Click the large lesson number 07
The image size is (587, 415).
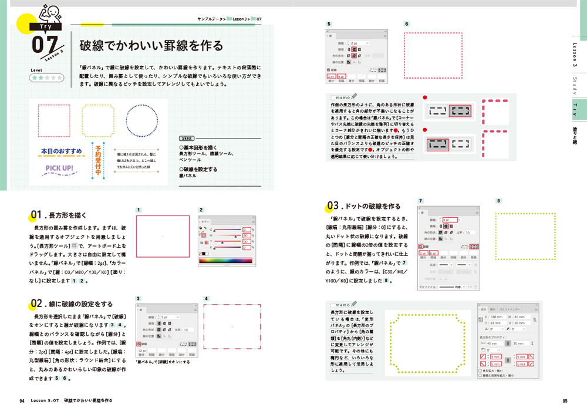(x=45, y=46)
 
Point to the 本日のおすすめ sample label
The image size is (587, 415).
(x=62, y=151)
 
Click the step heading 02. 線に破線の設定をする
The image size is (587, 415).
(x=72, y=303)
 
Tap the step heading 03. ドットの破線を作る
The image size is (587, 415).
(x=364, y=206)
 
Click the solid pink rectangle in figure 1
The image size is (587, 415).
(x=163, y=235)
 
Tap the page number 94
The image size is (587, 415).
(x=22, y=401)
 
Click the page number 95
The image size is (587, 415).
(x=565, y=401)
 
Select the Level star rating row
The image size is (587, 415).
(x=46, y=77)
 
